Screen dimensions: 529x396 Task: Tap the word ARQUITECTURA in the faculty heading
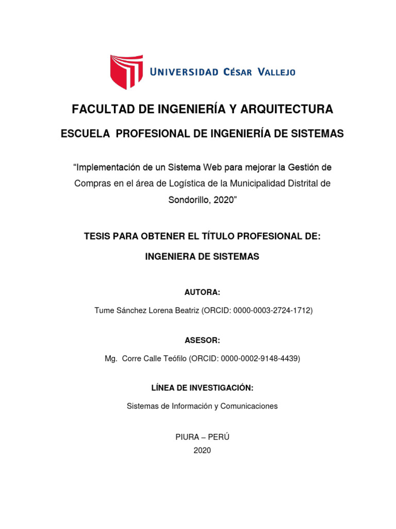(x=283, y=109)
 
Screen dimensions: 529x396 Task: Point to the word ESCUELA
(x=86, y=134)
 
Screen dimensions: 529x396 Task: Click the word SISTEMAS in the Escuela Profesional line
(x=317, y=134)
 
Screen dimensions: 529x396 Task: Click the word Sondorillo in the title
(x=188, y=199)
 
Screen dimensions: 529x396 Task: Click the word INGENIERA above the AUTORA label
(x=171, y=257)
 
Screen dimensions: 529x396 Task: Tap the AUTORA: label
(x=202, y=292)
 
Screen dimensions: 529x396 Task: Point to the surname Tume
(x=104, y=310)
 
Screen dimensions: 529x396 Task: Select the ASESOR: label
(x=202, y=340)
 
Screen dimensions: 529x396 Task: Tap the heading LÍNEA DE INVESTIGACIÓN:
(x=202, y=388)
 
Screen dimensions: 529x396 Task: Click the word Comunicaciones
(x=249, y=406)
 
